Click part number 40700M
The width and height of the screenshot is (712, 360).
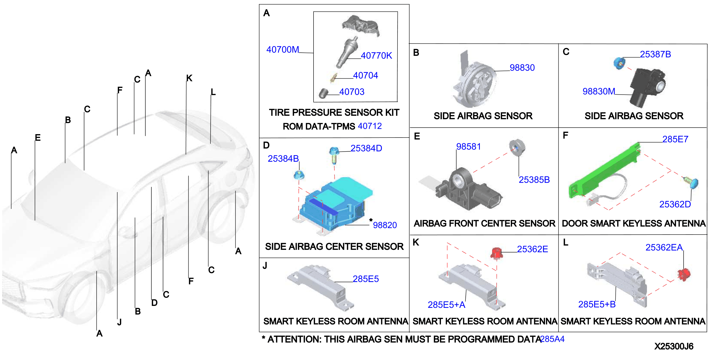click(x=282, y=49)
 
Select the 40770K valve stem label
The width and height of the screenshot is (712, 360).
click(x=376, y=56)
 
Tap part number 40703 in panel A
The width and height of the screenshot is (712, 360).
click(x=352, y=92)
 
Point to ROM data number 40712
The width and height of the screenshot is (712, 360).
click(x=370, y=126)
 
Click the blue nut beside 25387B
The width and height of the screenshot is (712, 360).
click(x=619, y=63)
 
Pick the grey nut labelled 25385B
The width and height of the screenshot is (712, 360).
click(x=517, y=147)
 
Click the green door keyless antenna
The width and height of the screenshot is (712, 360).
click(x=605, y=171)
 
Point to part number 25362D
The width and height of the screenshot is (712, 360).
click(x=675, y=204)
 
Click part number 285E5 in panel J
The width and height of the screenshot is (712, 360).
click(x=365, y=279)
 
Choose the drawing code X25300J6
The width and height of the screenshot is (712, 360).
click(x=674, y=346)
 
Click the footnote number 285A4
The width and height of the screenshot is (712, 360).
click(x=552, y=339)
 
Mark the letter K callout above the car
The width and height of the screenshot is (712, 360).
click(x=189, y=78)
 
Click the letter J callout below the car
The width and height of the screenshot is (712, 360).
click(x=119, y=322)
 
